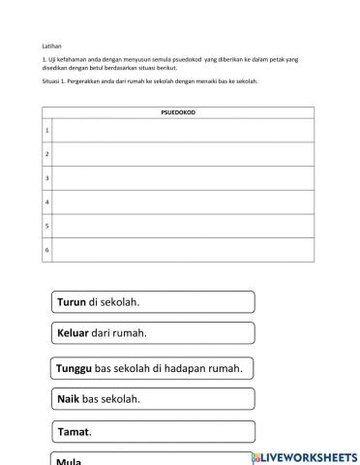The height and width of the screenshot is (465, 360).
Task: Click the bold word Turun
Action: pyautogui.click(x=72, y=302)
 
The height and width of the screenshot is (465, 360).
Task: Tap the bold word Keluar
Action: pyautogui.click(x=75, y=333)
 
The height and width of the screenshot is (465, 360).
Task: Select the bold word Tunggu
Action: pyautogui.click(x=75, y=368)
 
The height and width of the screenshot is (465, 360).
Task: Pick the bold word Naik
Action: pyautogui.click(x=69, y=399)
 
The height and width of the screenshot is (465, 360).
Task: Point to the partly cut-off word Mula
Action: pyautogui.click(x=69, y=461)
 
